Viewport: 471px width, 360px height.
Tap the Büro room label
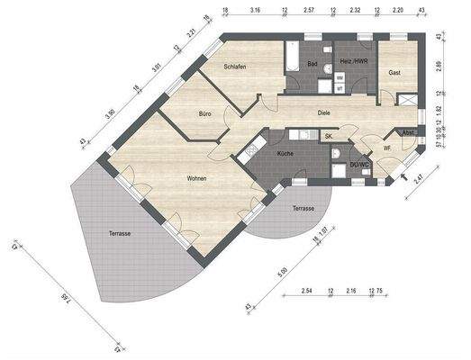(x=205, y=114)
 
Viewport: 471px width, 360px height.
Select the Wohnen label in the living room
(x=196, y=178)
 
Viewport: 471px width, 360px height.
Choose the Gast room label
(x=394, y=72)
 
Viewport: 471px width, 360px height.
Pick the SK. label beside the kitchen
(x=330, y=135)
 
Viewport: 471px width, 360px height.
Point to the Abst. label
(x=408, y=131)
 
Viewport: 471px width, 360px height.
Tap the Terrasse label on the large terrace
(x=120, y=233)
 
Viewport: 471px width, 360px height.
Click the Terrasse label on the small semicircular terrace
(x=303, y=208)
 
